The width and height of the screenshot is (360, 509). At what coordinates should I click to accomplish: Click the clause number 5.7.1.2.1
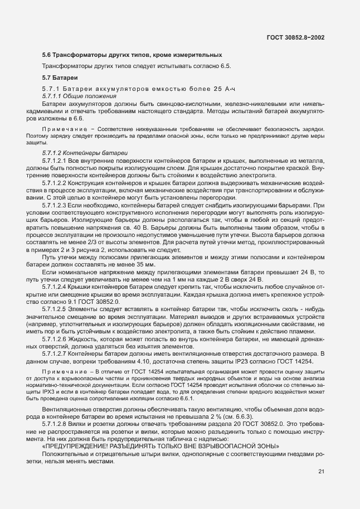(x=54, y=160)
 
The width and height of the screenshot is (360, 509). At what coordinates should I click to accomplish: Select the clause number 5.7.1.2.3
(x=54, y=204)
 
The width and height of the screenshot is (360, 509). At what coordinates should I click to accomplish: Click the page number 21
(x=321, y=472)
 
